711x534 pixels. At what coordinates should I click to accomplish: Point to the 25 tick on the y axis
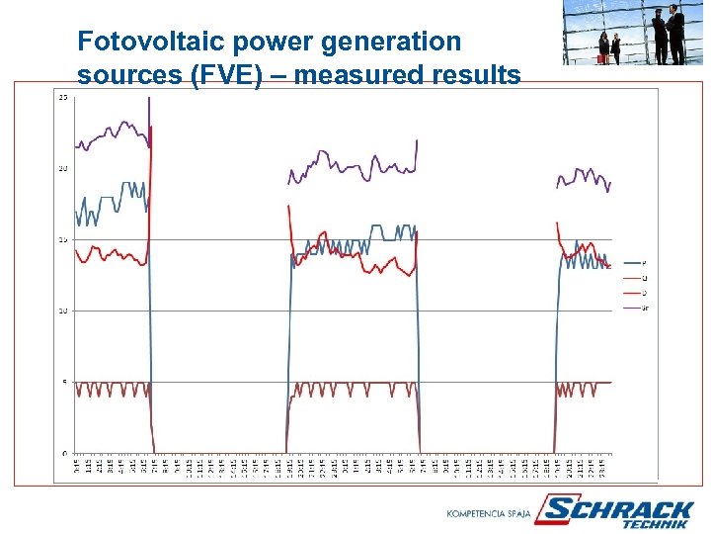pos(63,97)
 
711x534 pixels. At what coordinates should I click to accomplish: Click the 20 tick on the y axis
pos(63,168)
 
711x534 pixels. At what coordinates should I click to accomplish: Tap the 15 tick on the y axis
pos(63,239)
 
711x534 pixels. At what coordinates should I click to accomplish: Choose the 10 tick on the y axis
pos(63,311)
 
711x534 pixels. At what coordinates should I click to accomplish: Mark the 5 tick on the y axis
pos(65,382)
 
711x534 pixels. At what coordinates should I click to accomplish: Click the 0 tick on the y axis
pos(65,453)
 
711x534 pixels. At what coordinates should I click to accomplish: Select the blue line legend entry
pos(636,262)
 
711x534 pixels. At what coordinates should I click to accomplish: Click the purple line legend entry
pos(636,309)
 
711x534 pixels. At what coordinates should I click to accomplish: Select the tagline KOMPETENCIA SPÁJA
pos(489,514)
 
